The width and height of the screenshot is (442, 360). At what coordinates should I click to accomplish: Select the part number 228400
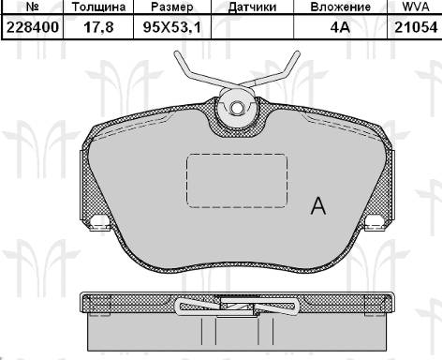click(32, 28)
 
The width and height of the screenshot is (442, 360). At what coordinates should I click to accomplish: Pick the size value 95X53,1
click(171, 28)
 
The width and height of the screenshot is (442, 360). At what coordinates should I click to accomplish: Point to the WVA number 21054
click(412, 28)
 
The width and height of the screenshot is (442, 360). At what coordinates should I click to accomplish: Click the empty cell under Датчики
click(252, 28)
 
